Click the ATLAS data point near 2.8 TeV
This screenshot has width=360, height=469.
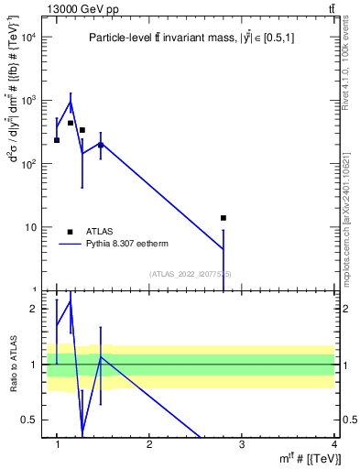tap(223, 218)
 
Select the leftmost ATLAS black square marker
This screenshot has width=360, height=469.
tap(57, 140)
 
